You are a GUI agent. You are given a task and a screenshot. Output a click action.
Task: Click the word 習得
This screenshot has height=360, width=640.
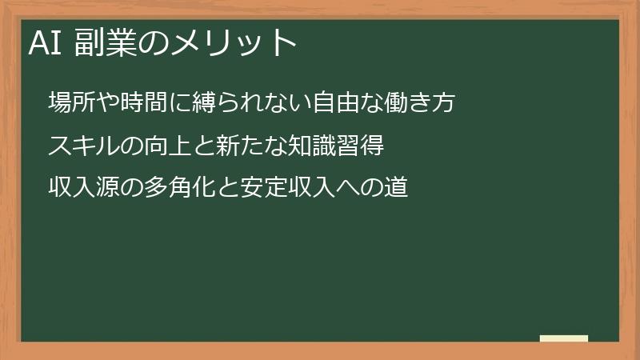click(362, 146)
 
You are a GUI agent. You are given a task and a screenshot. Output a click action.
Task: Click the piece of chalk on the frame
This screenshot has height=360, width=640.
click(564, 338)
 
